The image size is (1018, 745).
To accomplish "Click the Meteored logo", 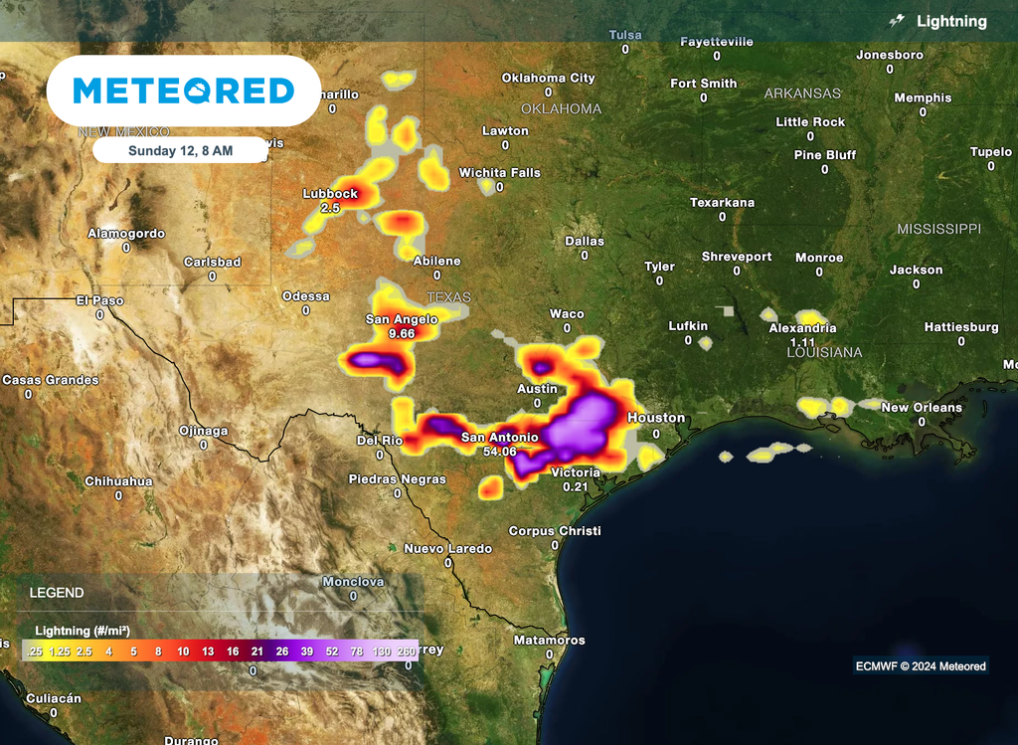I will click(184, 92).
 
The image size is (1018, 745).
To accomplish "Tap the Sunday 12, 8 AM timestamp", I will click(181, 151).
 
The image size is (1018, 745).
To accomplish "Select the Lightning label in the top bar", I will click(951, 21).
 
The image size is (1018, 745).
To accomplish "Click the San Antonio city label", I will click(500, 438).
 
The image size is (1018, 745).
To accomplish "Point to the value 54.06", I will click(500, 452).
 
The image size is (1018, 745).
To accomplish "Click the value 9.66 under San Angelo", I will click(402, 334).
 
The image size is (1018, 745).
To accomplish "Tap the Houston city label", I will click(656, 418).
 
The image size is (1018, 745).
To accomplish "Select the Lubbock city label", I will click(330, 194).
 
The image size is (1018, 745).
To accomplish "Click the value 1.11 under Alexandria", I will click(802, 342).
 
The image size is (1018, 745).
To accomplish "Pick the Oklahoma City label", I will click(548, 78).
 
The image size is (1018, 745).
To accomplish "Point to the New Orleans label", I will click(922, 408).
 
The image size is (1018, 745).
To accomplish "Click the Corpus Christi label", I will click(555, 531).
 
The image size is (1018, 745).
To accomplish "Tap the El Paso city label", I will click(99, 300).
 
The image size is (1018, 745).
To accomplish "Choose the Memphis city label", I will click(923, 98).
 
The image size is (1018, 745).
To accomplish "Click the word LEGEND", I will click(57, 593).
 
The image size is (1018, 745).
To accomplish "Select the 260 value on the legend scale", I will click(407, 651).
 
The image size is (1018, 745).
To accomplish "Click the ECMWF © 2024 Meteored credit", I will click(921, 666).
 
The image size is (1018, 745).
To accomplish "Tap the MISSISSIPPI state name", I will click(938, 229).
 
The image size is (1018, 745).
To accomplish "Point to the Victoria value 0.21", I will click(576, 486).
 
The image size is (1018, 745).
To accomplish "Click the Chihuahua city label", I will click(118, 481).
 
